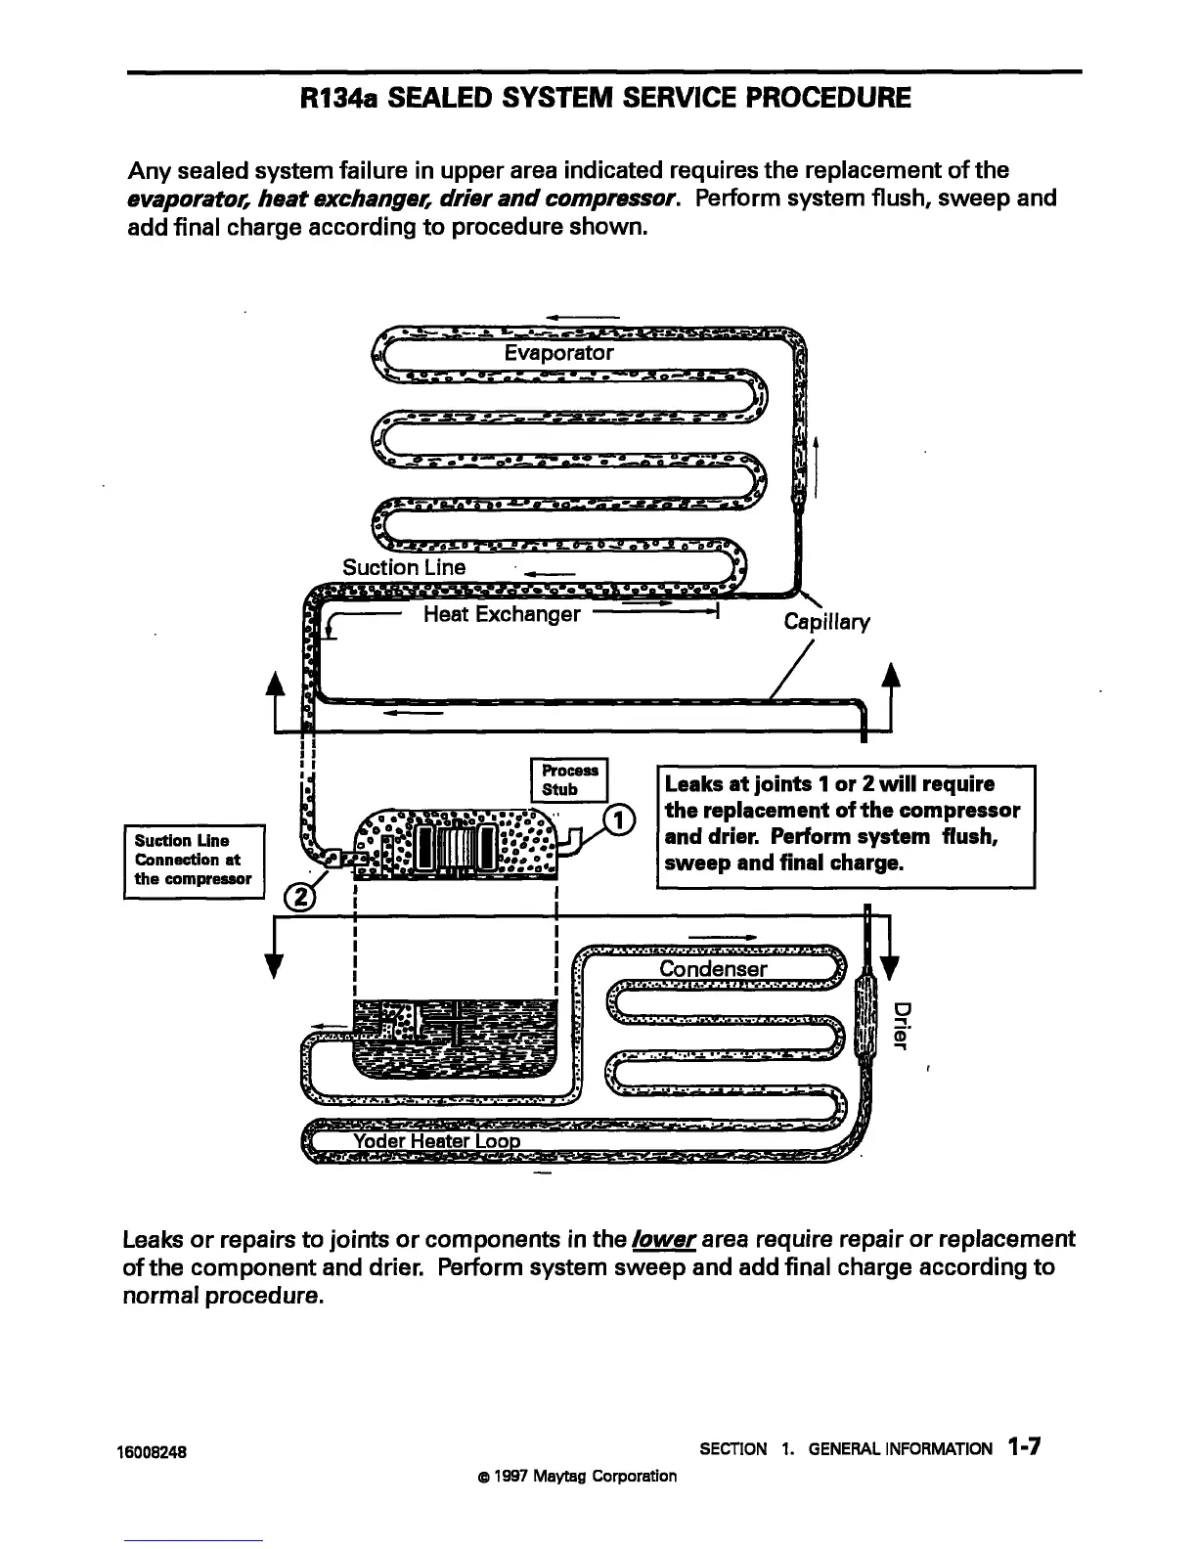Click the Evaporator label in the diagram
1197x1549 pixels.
tap(558, 353)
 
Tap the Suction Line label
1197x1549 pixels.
tap(404, 567)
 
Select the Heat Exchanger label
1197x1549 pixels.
tap(502, 614)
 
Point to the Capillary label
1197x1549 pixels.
tap(826, 622)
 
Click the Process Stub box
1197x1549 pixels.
tap(568, 780)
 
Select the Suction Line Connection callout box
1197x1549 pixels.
tap(194, 860)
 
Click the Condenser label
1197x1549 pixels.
tap(713, 969)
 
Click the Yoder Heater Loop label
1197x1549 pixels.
tap(436, 1142)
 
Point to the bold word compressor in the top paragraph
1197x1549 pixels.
tap(621, 199)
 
